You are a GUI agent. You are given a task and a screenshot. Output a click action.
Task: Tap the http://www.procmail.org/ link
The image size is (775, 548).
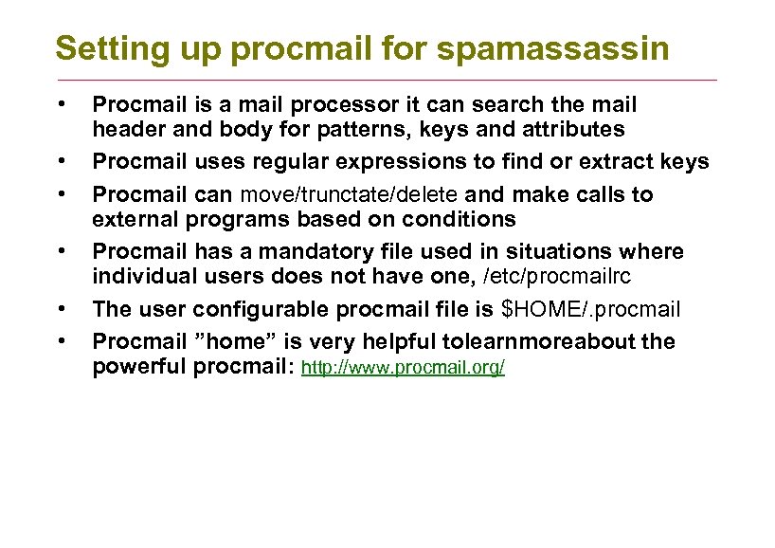coord(403,368)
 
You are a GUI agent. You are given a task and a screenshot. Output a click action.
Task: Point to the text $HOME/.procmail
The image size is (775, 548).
coord(590,310)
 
